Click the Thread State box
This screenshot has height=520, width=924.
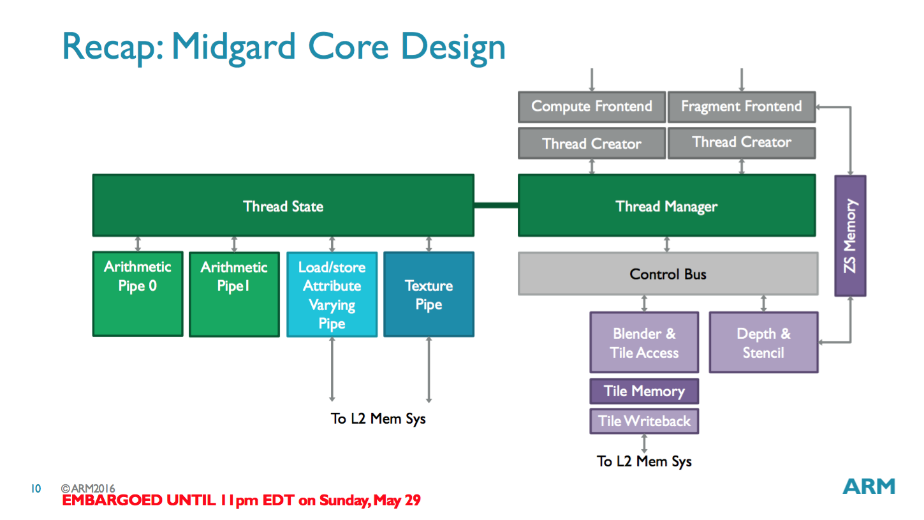[283, 205]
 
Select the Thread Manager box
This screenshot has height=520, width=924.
[666, 205]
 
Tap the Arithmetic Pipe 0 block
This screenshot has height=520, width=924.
[138, 293]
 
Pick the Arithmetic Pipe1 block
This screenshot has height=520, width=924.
[234, 294]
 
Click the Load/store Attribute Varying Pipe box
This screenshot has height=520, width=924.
[332, 294]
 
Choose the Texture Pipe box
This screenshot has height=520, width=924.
[429, 294]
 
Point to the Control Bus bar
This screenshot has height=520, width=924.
[668, 274]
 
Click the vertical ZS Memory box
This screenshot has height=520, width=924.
[850, 236]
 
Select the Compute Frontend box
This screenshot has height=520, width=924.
[591, 107]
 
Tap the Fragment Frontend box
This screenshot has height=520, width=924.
[741, 107]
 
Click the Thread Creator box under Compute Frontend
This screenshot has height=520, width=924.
[591, 143]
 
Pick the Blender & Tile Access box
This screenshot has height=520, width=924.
[644, 343]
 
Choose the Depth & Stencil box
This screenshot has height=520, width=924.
[763, 343]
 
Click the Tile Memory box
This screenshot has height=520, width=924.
[644, 391]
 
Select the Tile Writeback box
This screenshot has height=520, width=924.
[644, 421]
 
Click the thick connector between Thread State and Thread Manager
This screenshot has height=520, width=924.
[495, 205]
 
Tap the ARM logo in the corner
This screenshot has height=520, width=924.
[869, 486]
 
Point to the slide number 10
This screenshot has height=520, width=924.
[36, 489]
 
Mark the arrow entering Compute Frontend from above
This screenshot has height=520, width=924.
[592, 80]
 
